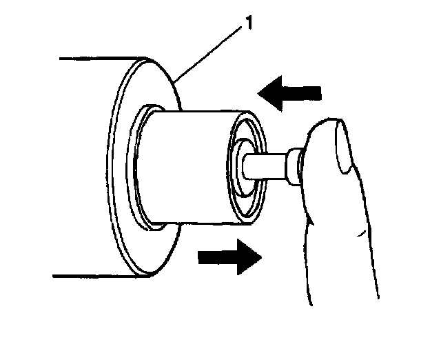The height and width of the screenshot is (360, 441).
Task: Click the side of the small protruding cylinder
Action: point(189,166)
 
